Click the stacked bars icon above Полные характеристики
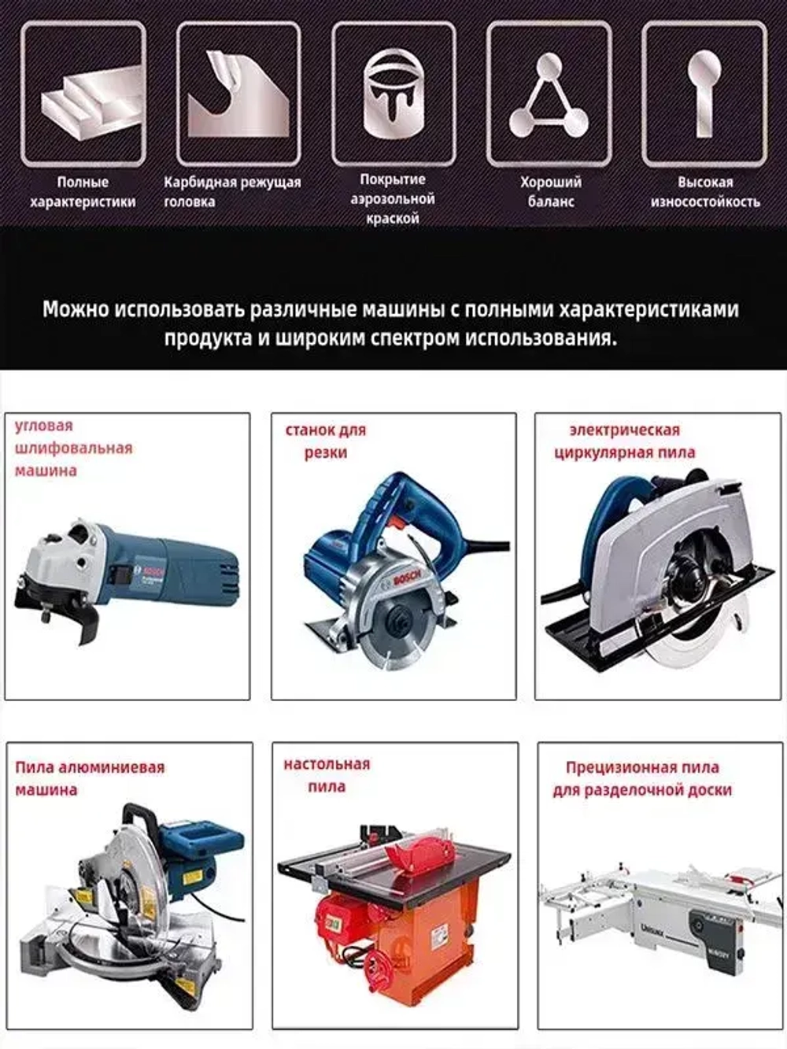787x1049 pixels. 83,94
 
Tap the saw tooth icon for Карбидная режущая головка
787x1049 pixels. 238,94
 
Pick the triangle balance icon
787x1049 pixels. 549,94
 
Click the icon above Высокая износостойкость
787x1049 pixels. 704,94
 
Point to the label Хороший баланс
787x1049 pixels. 550,191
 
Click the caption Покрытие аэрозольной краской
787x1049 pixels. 393,199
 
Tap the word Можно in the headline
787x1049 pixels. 76,309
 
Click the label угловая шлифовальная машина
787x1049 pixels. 73,448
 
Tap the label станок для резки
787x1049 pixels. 325,441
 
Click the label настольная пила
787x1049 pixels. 326,775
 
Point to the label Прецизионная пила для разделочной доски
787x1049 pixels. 641,778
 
